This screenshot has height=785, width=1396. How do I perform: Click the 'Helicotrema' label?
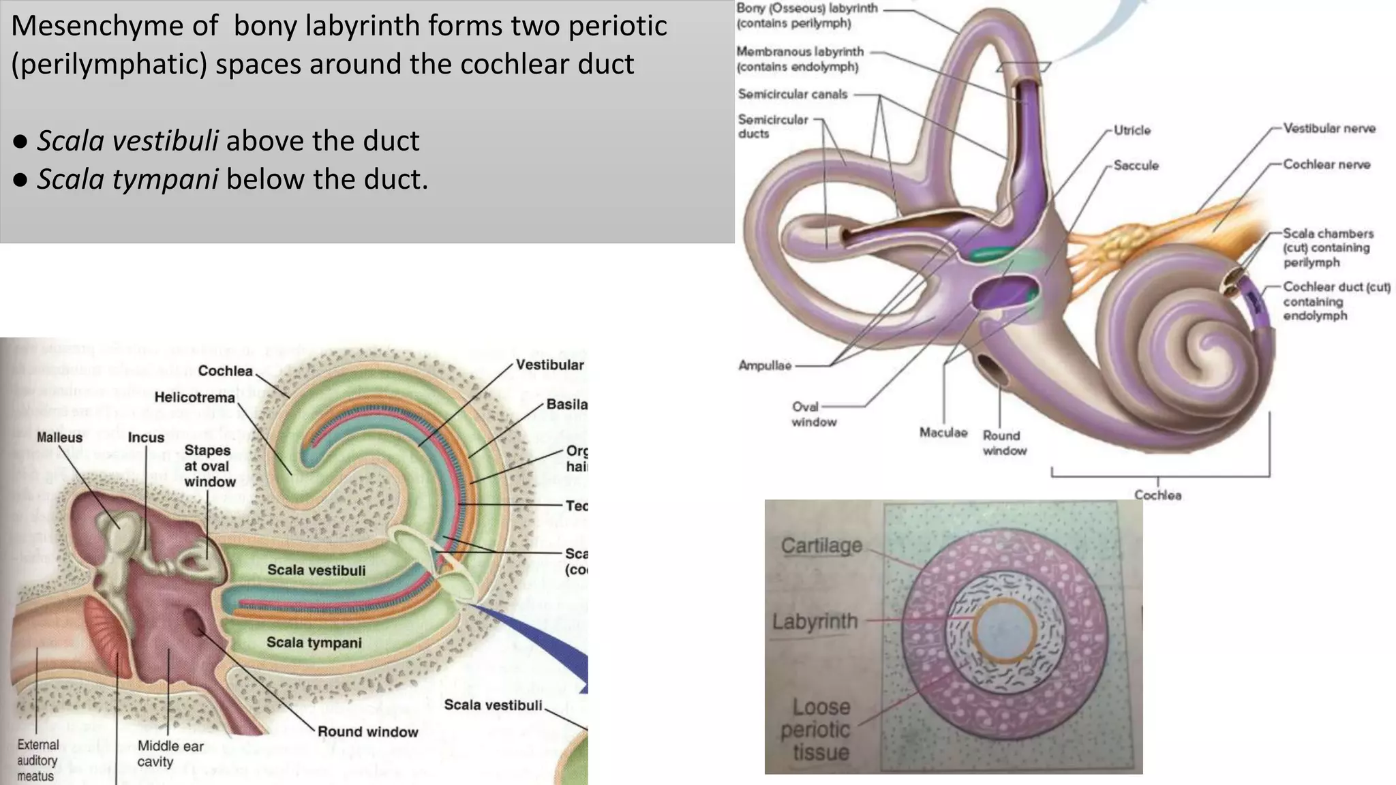click(x=194, y=397)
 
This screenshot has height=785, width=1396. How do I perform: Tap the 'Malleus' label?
click(x=59, y=437)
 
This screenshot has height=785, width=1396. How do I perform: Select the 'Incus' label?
click(x=146, y=437)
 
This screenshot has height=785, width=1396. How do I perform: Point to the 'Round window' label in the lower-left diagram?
click(x=367, y=732)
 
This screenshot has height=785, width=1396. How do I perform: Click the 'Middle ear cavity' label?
click(x=170, y=754)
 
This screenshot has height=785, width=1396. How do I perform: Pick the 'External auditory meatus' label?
click(x=37, y=760)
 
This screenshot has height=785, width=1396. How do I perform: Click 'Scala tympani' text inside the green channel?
click(x=314, y=643)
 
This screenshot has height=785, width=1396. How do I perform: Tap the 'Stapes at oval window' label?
click(x=209, y=466)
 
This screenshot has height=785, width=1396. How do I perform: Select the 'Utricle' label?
click(x=1132, y=130)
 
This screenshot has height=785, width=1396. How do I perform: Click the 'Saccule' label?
click(x=1136, y=166)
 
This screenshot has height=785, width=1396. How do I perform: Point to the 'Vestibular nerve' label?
click(x=1329, y=128)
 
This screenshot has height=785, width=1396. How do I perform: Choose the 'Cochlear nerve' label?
click(x=1326, y=164)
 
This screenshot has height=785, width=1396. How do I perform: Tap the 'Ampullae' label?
click(x=765, y=366)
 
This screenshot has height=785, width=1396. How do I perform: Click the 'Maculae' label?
click(x=943, y=433)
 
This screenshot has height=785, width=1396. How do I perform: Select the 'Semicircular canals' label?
click(x=792, y=94)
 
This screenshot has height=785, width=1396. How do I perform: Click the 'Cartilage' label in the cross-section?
click(x=821, y=546)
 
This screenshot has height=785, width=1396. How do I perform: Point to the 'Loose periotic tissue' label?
click(x=815, y=730)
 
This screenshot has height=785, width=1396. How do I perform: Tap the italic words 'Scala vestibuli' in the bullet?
click(x=127, y=141)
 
